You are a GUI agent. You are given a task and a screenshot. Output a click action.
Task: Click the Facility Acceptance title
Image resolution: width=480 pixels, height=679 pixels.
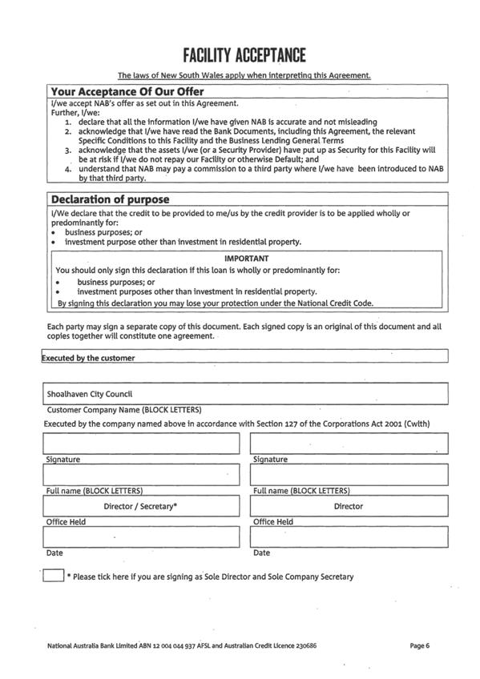(244, 55)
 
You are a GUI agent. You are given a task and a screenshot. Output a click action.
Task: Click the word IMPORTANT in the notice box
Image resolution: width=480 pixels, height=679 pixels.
(246, 259)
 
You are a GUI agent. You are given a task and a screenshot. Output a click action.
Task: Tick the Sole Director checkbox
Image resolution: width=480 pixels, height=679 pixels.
(53, 575)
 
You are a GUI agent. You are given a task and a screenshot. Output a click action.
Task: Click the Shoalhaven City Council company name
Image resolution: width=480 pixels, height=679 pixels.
(89, 394)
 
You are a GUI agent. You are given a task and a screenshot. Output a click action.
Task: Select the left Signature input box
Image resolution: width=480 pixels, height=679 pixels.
(141, 444)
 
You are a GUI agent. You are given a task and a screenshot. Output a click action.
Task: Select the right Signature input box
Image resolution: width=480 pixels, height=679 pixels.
(349, 444)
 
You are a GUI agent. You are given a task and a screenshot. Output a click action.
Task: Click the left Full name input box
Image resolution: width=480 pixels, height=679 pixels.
(141, 475)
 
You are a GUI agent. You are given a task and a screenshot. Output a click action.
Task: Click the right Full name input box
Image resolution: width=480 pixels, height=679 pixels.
(349, 475)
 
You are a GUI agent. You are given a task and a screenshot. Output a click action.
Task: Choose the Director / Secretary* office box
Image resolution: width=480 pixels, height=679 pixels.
(141, 506)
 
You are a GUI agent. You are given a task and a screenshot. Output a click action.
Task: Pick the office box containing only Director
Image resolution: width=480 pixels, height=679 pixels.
(349, 506)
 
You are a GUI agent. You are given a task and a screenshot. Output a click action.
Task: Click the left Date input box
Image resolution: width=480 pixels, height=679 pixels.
(141, 536)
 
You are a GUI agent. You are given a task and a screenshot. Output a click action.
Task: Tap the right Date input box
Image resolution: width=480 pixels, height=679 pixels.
(349, 536)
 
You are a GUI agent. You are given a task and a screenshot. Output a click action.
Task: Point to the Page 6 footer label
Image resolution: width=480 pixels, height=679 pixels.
(420, 645)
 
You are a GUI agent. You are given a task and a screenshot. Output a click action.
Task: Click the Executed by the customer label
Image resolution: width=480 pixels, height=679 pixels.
(88, 358)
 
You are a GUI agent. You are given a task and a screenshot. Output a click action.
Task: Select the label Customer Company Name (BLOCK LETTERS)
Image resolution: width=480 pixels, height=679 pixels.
(124, 409)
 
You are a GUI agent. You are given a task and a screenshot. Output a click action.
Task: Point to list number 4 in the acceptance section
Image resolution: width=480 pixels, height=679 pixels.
(69, 170)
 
